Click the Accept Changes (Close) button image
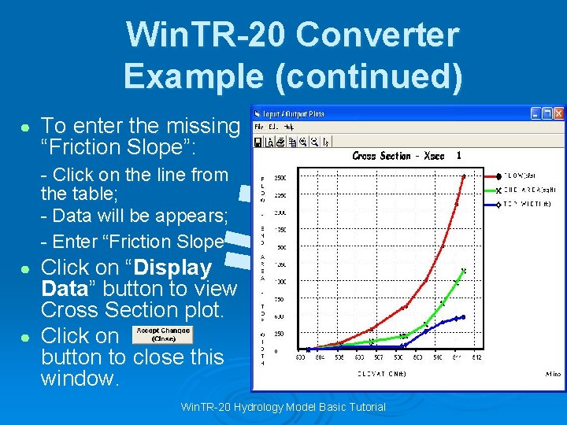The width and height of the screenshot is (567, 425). click(x=163, y=334)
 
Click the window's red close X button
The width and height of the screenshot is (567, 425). click(x=558, y=113)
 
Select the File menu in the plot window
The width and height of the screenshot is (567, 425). click(x=258, y=127)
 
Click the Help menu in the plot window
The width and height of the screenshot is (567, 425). click(x=288, y=127)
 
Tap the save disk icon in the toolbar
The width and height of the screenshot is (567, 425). click(x=258, y=142)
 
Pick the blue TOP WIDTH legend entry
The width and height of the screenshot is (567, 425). click(x=524, y=205)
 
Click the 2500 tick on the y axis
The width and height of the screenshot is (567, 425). click(x=280, y=179)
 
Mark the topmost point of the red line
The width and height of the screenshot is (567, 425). click(x=464, y=176)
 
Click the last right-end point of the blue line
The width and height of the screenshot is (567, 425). click(x=463, y=317)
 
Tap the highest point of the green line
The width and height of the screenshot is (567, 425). click(x=464, y=272)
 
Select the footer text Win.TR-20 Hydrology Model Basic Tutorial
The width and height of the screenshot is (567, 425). click(x=283, y=407)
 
